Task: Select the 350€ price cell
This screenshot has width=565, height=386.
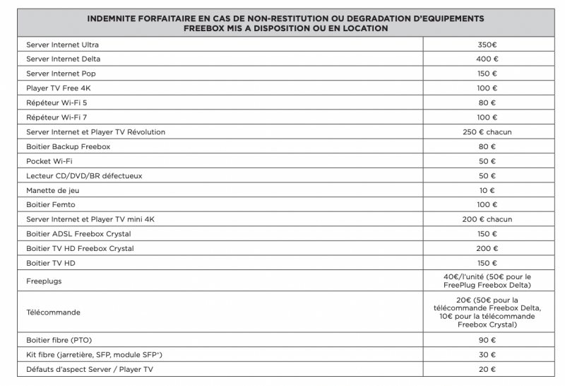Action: (487, 45)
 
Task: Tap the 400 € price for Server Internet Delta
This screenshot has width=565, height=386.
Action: (487, 59)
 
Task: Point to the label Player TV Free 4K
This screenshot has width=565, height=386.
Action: (59, 88)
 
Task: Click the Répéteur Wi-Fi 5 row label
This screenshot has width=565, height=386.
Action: (57, 103)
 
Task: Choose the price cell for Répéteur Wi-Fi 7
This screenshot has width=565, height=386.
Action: (487, 117)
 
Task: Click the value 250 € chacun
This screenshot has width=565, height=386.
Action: (487, 132)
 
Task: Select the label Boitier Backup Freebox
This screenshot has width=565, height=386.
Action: (69, 146)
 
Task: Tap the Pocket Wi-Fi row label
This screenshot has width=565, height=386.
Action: (48, 161)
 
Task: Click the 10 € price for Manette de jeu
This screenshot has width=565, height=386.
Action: (487, 190)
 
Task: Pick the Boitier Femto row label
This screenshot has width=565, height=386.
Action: (53, 204)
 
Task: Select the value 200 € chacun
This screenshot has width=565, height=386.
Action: (487, 219)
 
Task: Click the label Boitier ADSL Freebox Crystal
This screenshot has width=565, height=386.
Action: (78, 234)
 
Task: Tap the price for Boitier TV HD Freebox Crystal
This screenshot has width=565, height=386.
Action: (487, 248)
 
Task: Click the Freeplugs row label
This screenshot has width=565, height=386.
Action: (45, 281)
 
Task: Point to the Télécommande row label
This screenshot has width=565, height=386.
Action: (53, 311)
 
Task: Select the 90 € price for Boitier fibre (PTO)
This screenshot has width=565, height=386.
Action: (487, 340)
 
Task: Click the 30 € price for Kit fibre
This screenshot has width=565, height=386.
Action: (487, 354)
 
